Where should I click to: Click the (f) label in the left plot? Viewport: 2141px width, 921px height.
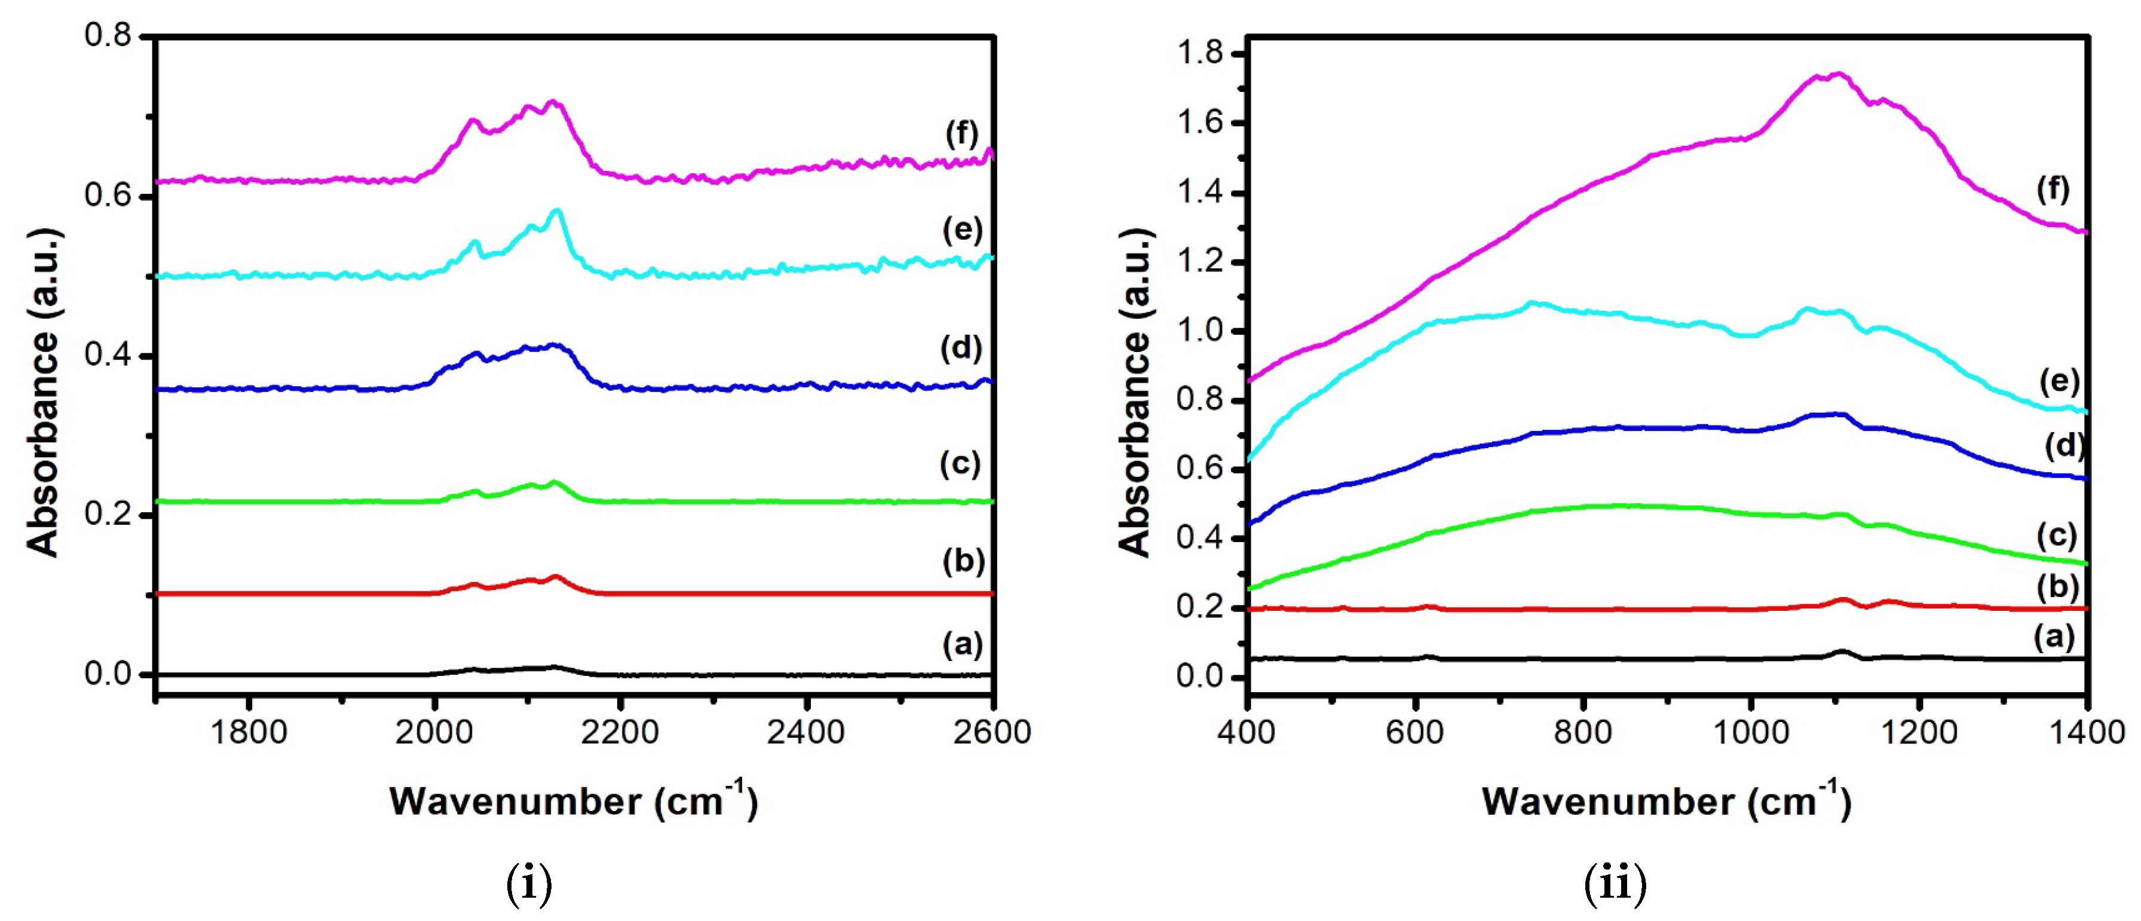(961, 134)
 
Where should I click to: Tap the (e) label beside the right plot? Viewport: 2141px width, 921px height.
(2059, 381)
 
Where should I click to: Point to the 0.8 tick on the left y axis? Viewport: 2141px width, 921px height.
(108, 36)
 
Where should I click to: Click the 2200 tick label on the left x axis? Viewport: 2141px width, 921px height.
(619, 732)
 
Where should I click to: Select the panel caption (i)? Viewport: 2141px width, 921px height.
(529, 885)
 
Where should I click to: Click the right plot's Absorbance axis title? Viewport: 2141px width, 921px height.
(1135, 391)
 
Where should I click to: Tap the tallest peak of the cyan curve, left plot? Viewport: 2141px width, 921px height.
(557, 210)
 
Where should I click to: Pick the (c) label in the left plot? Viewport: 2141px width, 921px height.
(960, 463)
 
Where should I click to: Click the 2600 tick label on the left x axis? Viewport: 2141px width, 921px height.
(991, 732)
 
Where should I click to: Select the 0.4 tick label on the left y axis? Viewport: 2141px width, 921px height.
(108, 355)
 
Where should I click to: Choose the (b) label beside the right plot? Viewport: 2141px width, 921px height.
(2057, 587)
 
